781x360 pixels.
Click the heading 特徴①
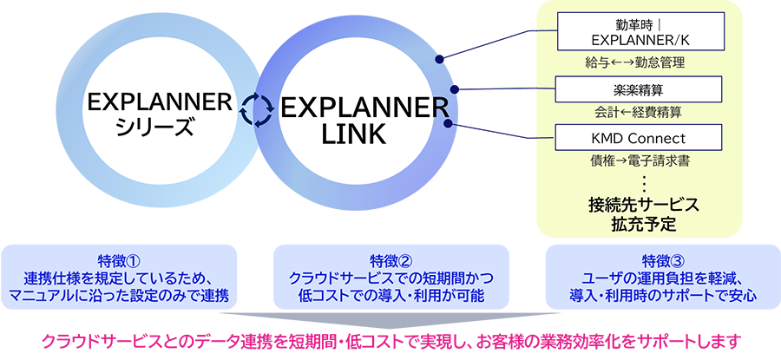pos(121,260)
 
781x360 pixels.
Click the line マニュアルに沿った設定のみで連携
pos(121,296)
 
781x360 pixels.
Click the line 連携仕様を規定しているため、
pos(121,278)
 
